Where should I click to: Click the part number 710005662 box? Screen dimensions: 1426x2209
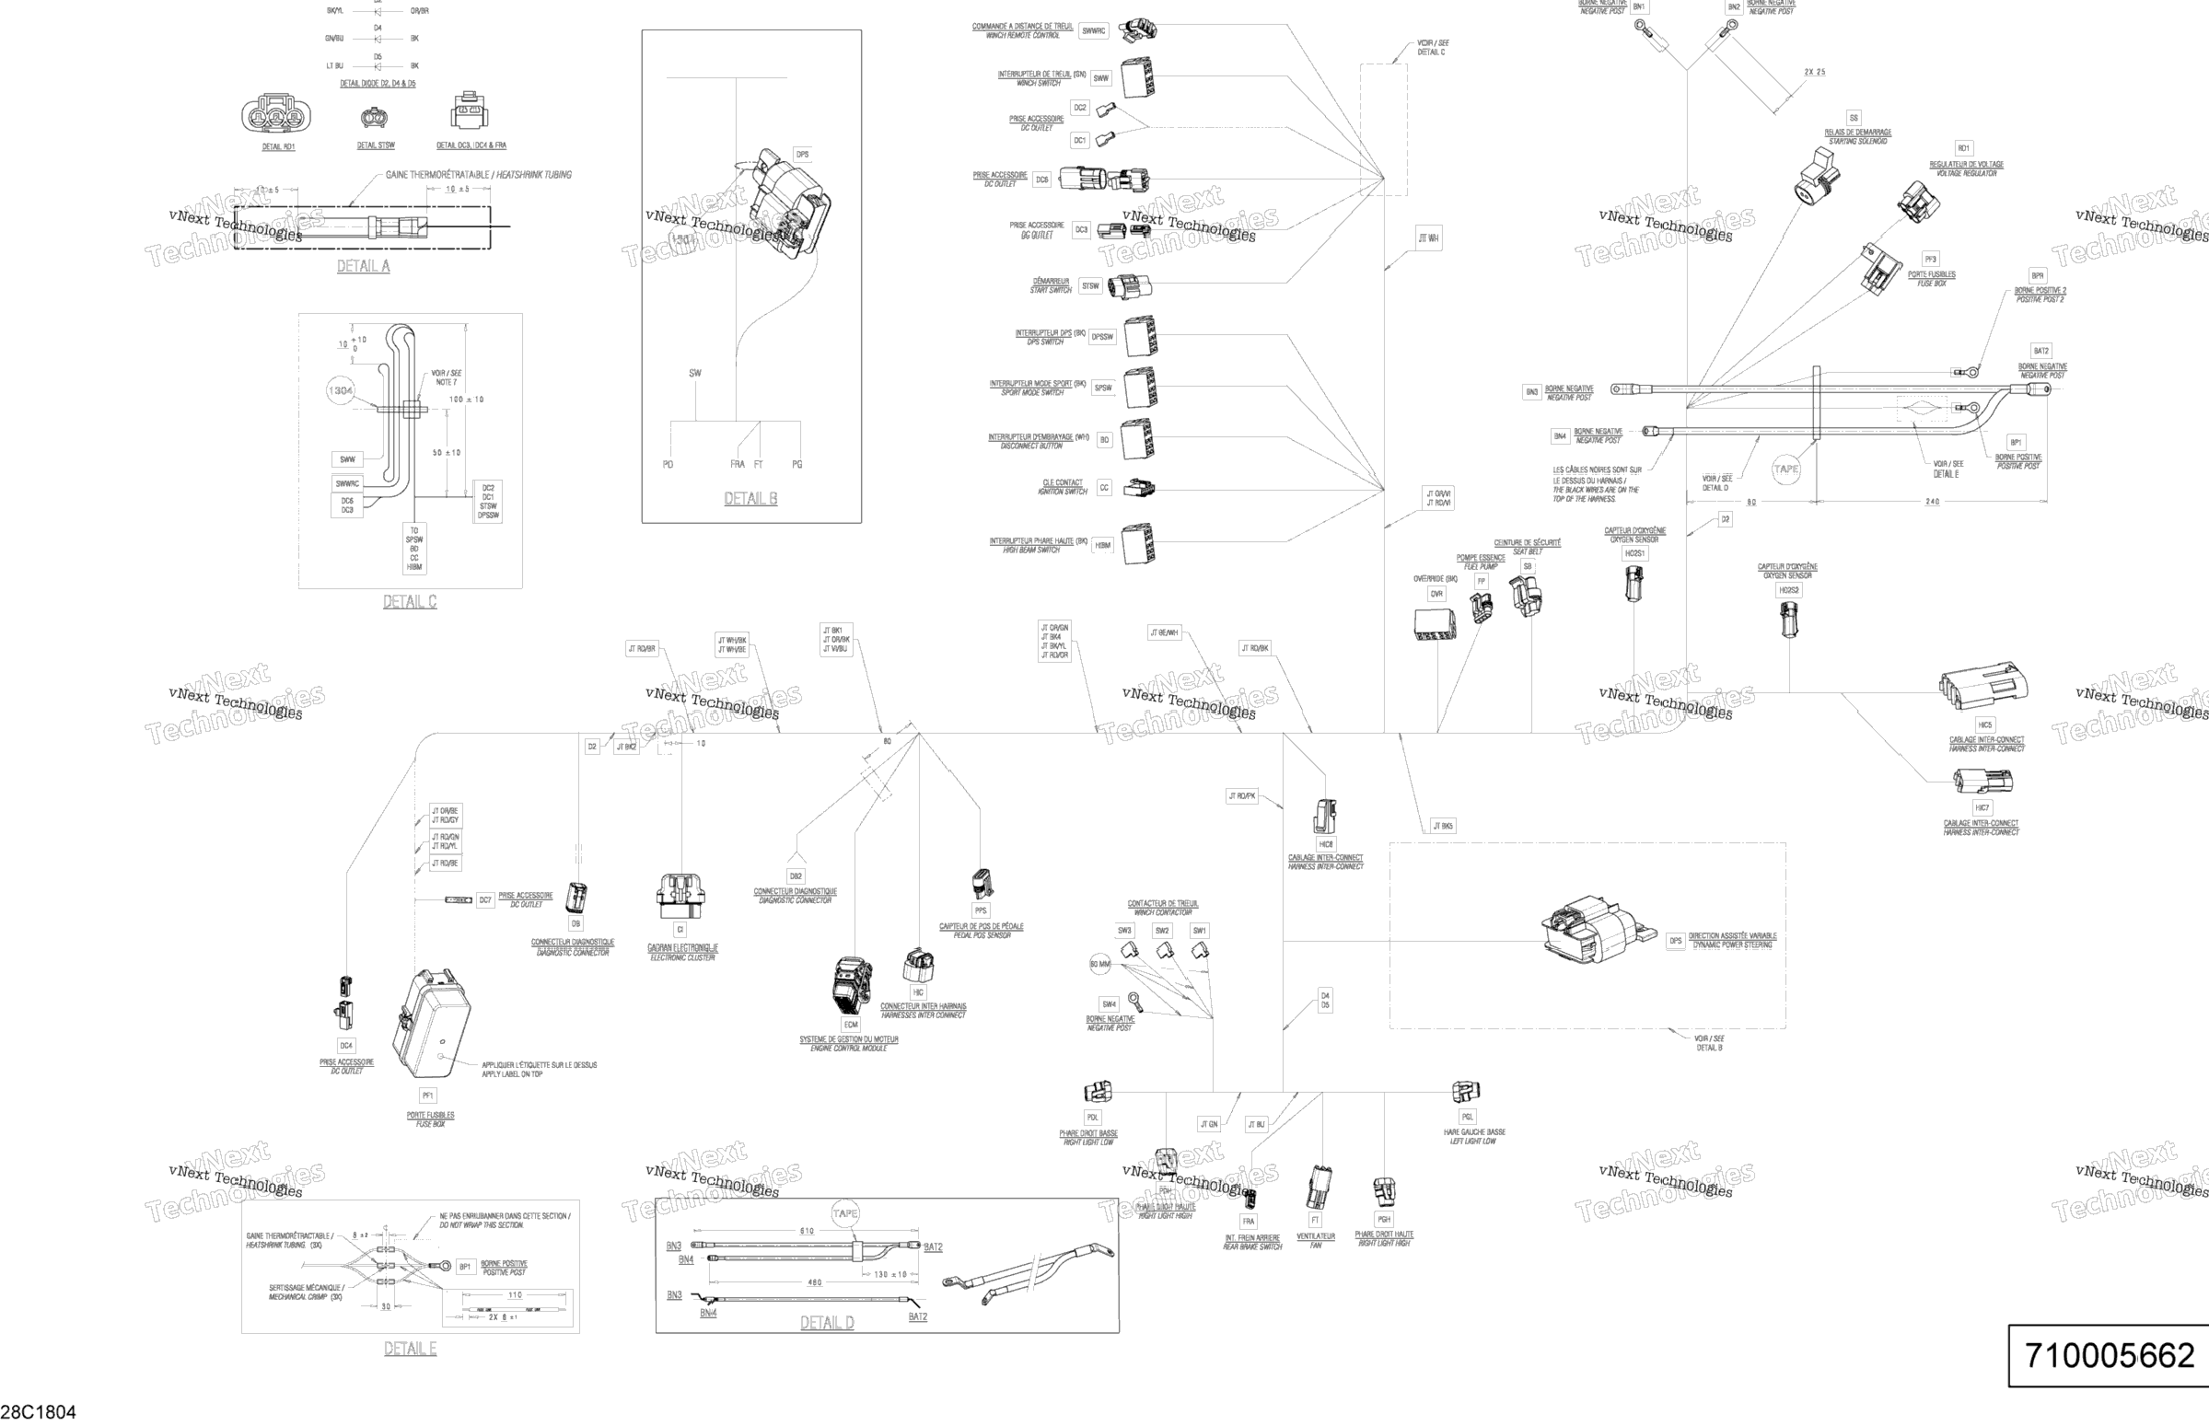point(2108,1357)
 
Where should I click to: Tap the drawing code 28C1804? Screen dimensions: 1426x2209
point(38,1412)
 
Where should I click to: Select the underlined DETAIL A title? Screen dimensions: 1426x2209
point(363,267)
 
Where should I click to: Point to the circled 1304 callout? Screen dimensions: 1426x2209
point(341,390)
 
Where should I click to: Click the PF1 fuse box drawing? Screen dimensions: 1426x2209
point(436,1025)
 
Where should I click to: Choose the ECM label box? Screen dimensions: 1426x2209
point(850,1025)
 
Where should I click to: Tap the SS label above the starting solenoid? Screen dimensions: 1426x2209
point(1854,119)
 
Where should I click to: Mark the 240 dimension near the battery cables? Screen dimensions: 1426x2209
point(1932,502)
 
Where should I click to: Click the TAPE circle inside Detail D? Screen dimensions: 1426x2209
point(845,1213)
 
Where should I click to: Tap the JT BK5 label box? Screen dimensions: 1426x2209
point(1443,826)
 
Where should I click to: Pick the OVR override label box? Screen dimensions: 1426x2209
point(1436,594)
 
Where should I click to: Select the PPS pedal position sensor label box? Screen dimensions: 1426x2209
point(981,910)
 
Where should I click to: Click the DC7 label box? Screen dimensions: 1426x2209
point(485,900)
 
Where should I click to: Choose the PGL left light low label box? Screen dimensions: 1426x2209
point(1467,1117)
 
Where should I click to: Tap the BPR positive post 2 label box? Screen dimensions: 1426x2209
point(2038,276)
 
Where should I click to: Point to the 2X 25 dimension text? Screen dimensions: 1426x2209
point(1814,72)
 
